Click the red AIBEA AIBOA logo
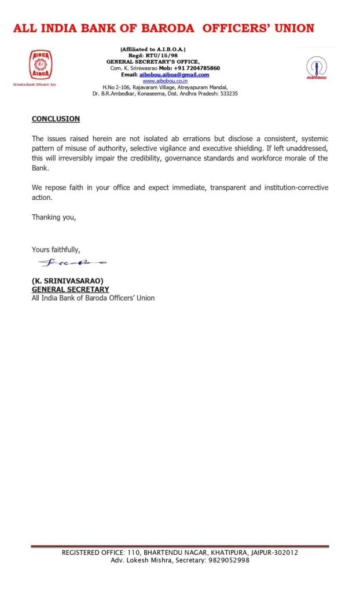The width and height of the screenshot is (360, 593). point(40,65)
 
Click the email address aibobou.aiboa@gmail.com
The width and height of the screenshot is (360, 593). point(174,75)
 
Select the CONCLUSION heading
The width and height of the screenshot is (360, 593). point(56,119)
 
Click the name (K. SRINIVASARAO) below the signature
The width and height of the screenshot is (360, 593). point(67,281)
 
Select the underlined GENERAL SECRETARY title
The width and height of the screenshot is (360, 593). point(70,290)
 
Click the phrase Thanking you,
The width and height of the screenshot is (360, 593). point(54,218)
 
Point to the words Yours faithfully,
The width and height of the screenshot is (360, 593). point(56,250)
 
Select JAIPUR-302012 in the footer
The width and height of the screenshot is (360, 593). point(273,552)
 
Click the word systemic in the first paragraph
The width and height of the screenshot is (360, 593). point(313,138)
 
